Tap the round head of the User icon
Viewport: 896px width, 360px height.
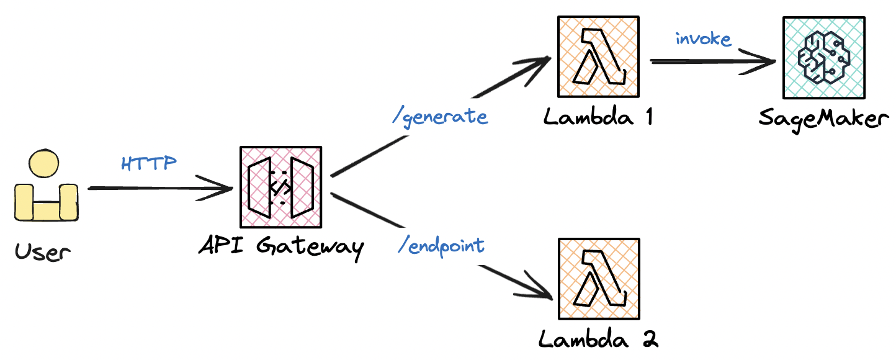tap(44, 164)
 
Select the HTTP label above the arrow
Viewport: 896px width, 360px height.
tap(149, 164)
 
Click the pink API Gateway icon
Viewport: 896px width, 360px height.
tap(280, 187)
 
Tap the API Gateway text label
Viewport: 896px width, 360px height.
tap(280, 246)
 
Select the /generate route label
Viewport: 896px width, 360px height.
tap(440, 117)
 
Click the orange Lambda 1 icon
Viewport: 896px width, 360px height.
tap(599, 57)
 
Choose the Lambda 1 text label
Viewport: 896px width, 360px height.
tap(598, 117)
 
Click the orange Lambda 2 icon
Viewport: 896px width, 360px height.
tap(599, 279)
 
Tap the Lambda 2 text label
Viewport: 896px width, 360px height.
tap(598, 339)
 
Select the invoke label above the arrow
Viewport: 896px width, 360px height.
tap(703, 39)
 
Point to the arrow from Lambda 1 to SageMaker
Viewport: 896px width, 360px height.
tap(711, 61)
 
